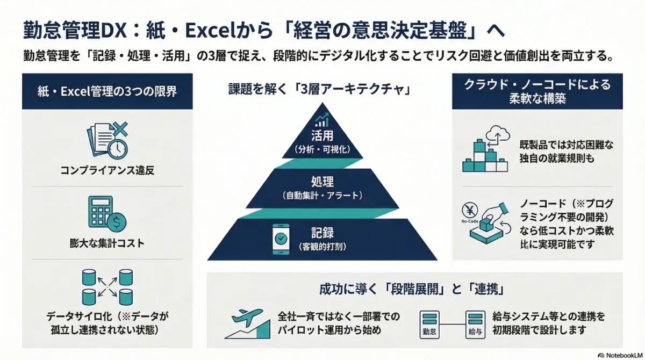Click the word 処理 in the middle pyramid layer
pyautogui.click(x=322, y=181)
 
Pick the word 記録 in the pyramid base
pyautogui.click(x=322, y=233)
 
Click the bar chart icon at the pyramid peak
pyautogui.click(x=322, y=120)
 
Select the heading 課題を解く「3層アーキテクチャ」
pyautogui.click(x=322, y=89)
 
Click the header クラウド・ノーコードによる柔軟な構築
pyautogui.click(x=537, y=91)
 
